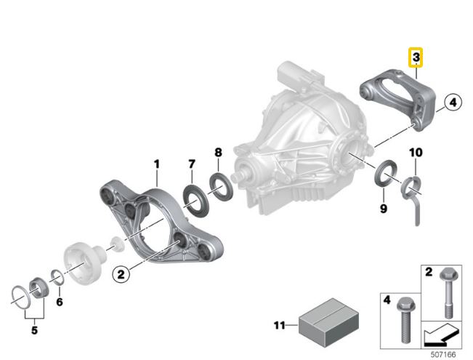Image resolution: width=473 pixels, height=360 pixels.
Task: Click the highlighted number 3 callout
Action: pos(416,57)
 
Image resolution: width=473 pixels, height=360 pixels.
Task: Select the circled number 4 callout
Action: pos(451,103)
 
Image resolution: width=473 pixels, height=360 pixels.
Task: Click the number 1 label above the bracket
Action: pos(155,165)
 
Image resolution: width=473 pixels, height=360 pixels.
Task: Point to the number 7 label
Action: pos(192,164)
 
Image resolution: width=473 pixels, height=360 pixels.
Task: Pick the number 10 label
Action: pos(415,153)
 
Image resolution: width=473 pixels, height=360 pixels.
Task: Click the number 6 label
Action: pos(60,301)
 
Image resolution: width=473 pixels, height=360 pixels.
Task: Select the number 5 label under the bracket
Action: pos(33,329)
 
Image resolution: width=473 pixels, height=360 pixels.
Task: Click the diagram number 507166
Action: pos(444,353)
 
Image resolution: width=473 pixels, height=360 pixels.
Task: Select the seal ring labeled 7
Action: pos(193,197)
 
